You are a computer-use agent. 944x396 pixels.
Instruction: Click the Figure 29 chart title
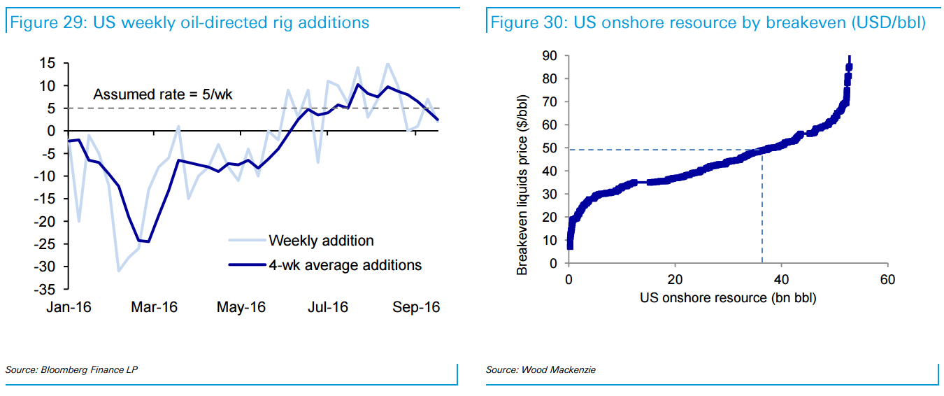coord(189,22)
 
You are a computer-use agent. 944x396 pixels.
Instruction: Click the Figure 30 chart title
coord(708,22)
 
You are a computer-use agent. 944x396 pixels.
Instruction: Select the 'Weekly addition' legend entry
coord(321,241)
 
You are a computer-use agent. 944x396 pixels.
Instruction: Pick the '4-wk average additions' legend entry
coord(345,264)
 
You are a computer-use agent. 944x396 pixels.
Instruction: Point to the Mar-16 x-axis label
coord(154,307)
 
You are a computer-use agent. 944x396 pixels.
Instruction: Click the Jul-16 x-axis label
coord(328,307)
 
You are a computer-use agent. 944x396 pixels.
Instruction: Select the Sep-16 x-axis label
coord(415,307)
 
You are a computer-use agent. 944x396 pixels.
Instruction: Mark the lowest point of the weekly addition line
coord(119,271)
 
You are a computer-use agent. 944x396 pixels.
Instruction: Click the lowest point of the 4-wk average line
coord(148,241)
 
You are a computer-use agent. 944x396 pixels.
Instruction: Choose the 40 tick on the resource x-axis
coord(781,280)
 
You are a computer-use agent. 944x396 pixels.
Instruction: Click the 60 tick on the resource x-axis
coord(887,280)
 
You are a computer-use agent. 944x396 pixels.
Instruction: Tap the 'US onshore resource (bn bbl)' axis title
coord(728,298)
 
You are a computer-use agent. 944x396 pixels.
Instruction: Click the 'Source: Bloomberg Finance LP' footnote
coord(71,369)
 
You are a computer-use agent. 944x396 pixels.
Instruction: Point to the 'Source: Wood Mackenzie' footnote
coord(541,369)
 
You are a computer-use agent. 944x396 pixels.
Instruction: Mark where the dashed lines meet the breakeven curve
coord(761,150)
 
